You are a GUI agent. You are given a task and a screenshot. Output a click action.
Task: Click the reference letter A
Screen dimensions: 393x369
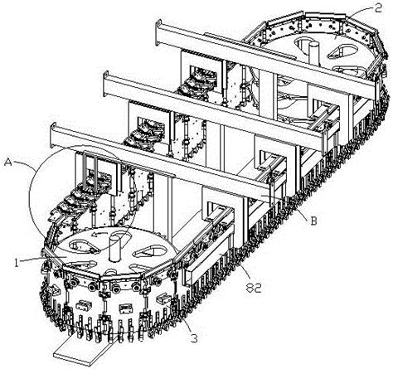coord(8,163)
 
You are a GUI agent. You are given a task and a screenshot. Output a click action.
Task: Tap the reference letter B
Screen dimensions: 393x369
coord(313,221)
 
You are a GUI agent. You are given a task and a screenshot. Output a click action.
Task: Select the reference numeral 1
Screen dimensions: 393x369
coord(17,263)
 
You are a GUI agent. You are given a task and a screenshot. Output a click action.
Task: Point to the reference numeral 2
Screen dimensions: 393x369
coord(378,8)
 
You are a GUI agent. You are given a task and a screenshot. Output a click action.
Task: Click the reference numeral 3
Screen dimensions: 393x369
coord(195,337)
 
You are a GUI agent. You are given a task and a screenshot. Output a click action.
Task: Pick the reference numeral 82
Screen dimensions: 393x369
coord(254,289)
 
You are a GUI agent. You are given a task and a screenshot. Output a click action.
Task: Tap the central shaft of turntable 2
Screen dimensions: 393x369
coord(314,52)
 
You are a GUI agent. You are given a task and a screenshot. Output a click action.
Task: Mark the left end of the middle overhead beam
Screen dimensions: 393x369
coord(106,84)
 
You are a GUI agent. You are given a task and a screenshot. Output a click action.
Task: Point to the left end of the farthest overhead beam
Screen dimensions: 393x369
coord(158,32)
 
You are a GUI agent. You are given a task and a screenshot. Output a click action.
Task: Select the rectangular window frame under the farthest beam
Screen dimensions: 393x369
coord(201,74)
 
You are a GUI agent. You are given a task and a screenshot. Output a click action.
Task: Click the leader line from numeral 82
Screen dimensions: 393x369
coord(244,273)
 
